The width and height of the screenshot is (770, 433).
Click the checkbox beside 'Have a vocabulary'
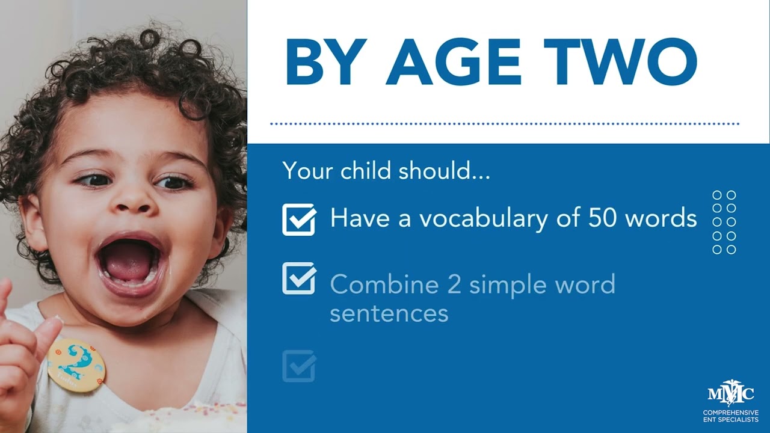click(x=299, y=219)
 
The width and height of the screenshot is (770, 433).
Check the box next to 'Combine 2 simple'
click(x=299, y=278)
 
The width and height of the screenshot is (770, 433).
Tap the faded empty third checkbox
click(x=299, y=366)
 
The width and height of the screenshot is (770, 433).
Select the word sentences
click(x=389, y=313)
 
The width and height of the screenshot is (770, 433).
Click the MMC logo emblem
click(x=730, y=395)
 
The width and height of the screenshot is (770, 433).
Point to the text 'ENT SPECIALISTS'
click(x=730, y=419)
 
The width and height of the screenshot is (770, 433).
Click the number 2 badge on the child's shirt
click(x=76, y=364)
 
